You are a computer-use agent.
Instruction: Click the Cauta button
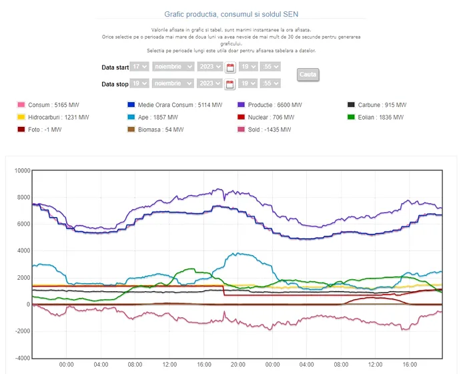[308, 75]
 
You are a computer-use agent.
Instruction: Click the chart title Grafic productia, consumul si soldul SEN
[233, 14]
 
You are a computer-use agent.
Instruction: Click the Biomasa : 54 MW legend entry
[161, 130]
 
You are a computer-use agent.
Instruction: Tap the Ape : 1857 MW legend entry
[156, 117]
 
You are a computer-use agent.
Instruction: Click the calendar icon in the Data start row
[230, 67]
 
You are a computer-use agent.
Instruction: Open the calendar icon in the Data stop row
[230, 83]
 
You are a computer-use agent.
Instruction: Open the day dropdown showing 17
[139, 67]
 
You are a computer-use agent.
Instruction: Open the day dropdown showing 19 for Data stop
[139, 83]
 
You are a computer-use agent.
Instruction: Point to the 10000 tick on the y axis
[23, 171]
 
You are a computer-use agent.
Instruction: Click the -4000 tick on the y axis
[23, 358]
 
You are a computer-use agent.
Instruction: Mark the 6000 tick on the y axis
[24, 224]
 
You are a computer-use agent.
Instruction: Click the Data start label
[114, 67]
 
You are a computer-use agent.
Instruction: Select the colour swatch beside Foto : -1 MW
[21, 130]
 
